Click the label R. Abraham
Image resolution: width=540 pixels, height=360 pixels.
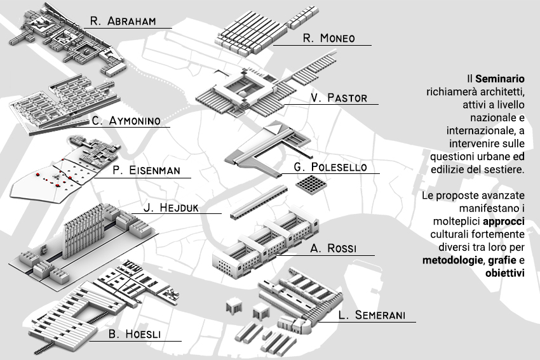click(123, 21)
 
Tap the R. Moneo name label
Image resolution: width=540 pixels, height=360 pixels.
click(328, 38)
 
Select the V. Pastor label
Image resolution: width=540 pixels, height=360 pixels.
click(339, 98)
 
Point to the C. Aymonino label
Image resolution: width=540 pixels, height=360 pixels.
click(126, 121)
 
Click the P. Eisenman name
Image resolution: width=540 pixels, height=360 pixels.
click(146, 170)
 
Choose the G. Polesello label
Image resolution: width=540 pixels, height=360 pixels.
click(330, 167)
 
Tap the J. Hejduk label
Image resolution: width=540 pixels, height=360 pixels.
click(171, 208)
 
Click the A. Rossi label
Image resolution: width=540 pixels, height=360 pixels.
click(333, 248)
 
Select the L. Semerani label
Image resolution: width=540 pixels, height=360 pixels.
click(372, 315)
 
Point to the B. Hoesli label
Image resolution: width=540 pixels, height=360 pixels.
click(134, 334)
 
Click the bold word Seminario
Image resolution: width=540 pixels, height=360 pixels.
click(500, 79)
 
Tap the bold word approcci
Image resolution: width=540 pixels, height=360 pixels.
click(504, 221)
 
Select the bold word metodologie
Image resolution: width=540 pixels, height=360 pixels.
click(452, 260)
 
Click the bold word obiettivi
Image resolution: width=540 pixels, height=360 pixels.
click(505, 273)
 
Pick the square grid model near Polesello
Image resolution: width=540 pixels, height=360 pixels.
click(311, 185)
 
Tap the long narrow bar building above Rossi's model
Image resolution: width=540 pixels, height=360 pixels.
click(259, 202)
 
